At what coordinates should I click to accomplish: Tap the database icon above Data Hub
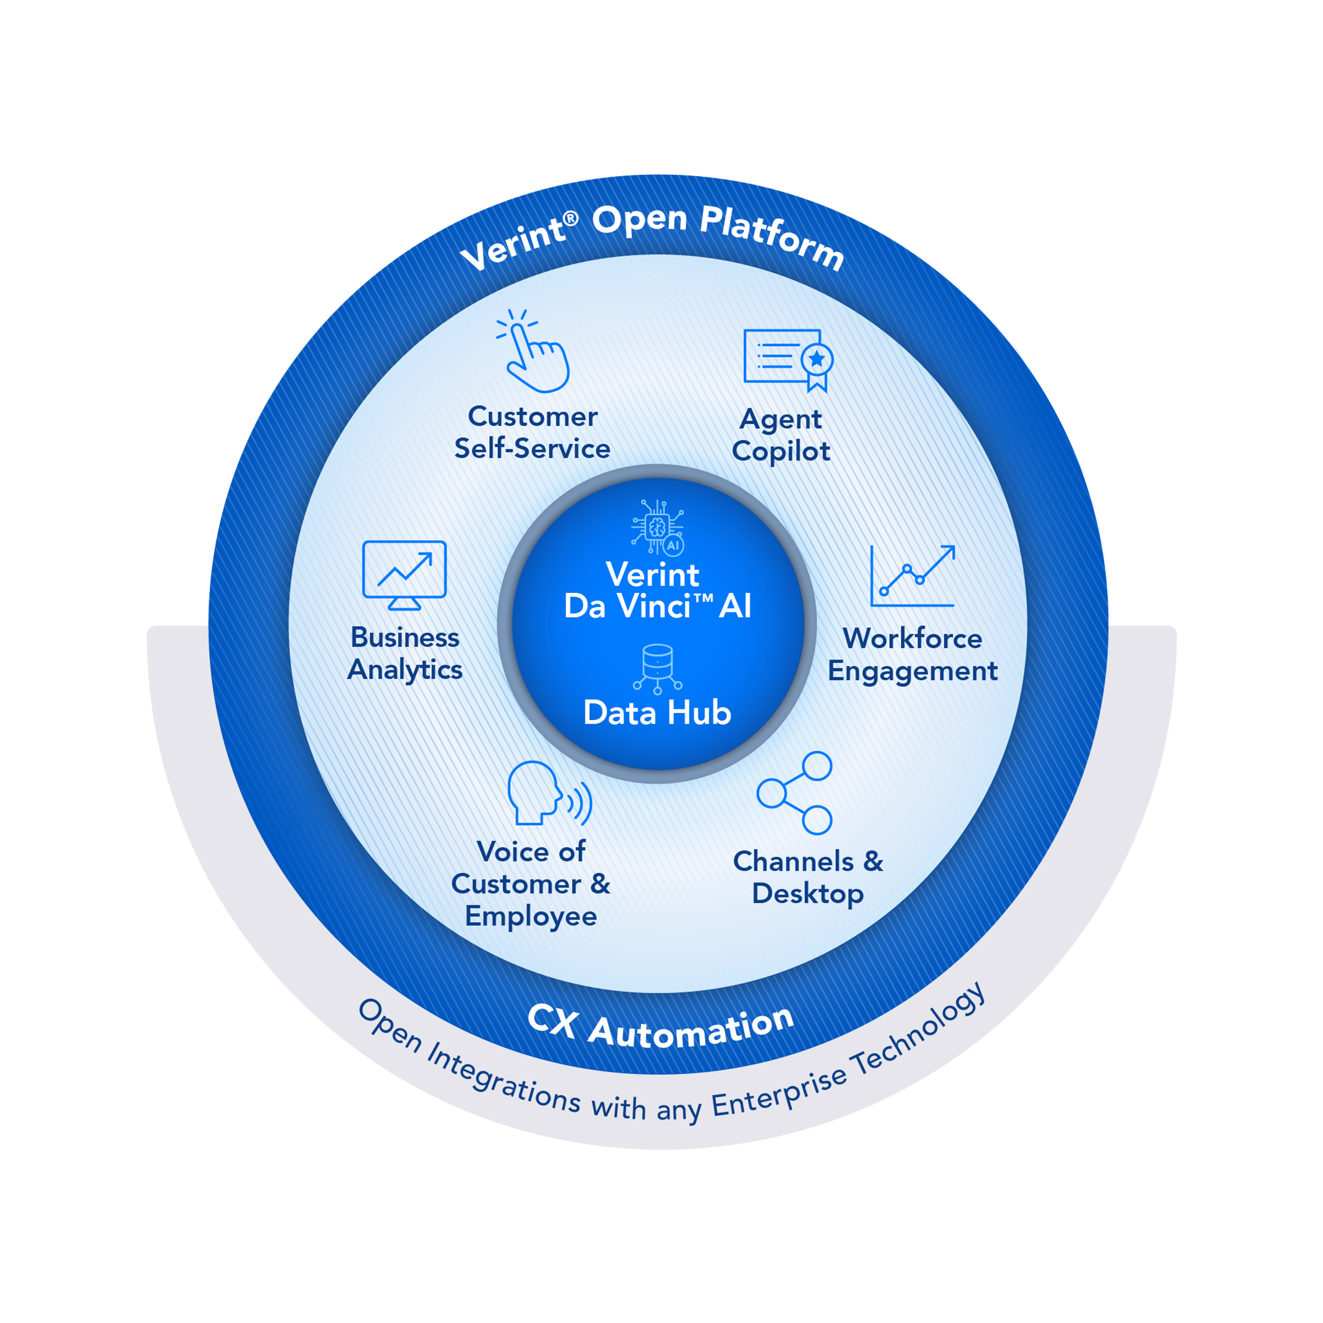pos(657,668)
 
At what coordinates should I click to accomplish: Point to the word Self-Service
pos(532,449)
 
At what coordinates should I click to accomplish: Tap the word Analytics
pos(404,670)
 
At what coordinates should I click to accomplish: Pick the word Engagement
pos(912,671)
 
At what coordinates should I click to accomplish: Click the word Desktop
pos(807,894)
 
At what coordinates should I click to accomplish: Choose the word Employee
pos(531,916)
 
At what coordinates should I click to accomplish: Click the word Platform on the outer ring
pos(772,236)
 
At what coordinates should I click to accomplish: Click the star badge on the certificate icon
pos(817,360)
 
